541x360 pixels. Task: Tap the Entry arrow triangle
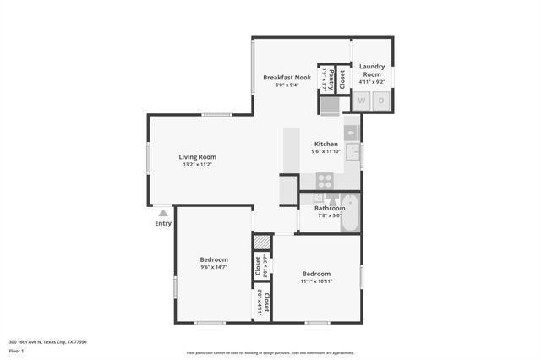tap(163, 213)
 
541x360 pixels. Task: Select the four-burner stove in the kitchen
tap(325, 180)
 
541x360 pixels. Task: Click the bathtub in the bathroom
tap(350, 214)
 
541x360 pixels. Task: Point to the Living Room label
tap(197, 156)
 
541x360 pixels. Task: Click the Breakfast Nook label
tap(287, 77)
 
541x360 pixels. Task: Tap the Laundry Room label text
tap(372, 70)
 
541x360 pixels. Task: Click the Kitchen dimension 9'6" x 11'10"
tap(326, 152)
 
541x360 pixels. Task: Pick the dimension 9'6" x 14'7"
tap(214, 267)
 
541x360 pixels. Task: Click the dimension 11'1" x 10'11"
tap(316, 281)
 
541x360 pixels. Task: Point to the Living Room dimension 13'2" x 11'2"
tap(197, 165)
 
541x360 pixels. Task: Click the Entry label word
tap(163, 223)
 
